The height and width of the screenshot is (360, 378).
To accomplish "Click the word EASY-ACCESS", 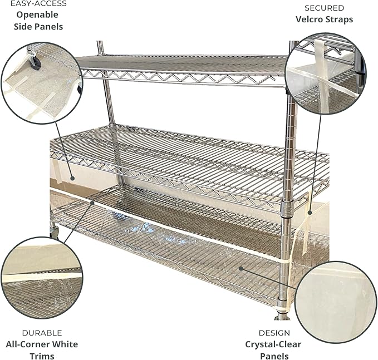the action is tap(38, 3).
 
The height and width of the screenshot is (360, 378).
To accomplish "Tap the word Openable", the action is tap(37, 15).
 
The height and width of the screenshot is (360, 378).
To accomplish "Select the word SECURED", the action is tap(324, 8).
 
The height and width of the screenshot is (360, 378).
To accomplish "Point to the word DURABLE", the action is tap(42, 333).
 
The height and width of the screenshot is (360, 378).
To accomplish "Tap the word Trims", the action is tap(42, 356).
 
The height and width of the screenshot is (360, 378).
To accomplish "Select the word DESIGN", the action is tap(274, 333).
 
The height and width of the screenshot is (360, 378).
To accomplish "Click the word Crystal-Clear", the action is tap(273, 344).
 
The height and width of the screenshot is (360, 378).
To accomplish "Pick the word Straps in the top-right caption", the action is tap(340, 19).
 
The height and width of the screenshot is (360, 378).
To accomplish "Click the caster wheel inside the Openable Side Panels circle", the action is tap(35, 61).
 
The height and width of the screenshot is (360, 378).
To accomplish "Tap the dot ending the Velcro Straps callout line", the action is tap(310, 213).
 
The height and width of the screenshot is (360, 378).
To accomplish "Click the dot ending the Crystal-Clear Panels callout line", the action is tap(241, 268).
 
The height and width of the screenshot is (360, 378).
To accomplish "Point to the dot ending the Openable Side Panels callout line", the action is tap(72, 178).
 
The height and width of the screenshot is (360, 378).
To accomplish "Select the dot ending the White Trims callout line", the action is tap(92, 203).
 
